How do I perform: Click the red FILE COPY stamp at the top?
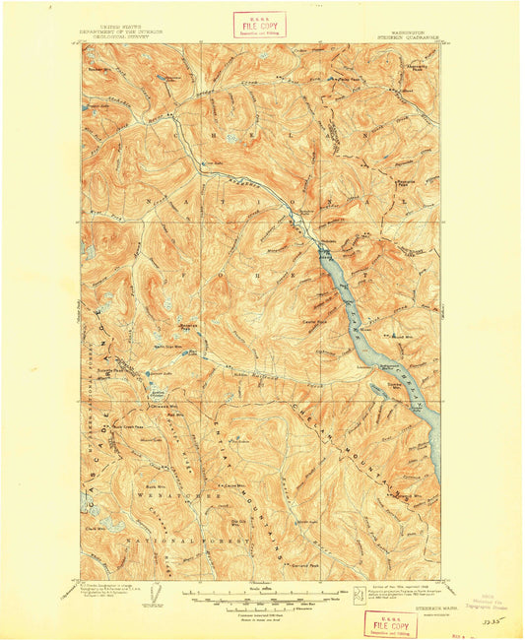[259, 24]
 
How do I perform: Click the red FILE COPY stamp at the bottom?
[390, 622]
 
